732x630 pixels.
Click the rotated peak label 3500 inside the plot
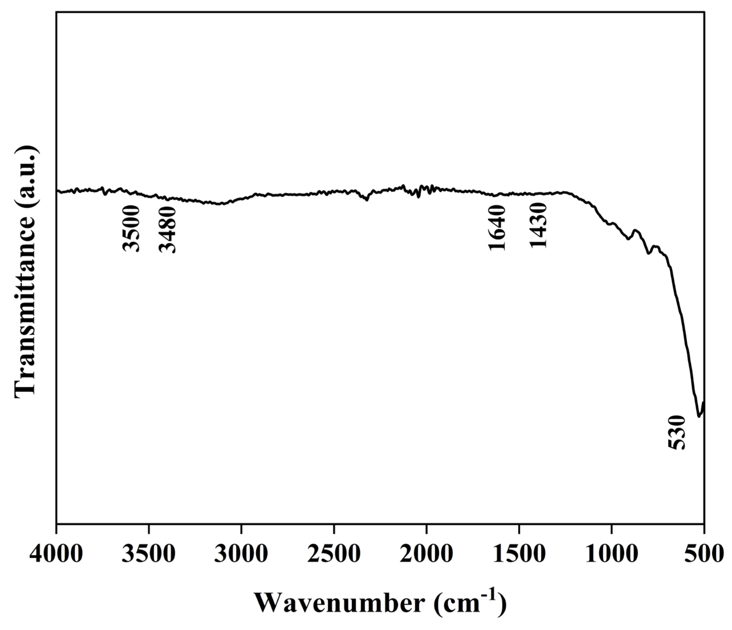(x=131, y=229)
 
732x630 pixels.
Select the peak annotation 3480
(x=167, y=230)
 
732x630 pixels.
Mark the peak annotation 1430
(x=538, y=226)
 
